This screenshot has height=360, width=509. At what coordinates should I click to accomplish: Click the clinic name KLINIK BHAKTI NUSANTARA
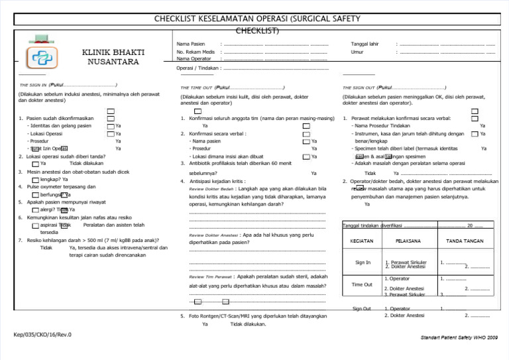click(x=109, y=57)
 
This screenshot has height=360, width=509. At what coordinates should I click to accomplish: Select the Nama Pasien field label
click(x=191, y=44)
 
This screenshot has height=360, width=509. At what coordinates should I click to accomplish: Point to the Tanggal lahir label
click(x=365, y=44)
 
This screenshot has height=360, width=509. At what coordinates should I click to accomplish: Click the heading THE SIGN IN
click(x=33, y=86)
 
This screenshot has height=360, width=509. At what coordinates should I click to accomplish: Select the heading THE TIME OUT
click(x=196, y=87)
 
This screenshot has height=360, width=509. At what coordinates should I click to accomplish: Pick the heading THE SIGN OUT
click(x=359, y=87)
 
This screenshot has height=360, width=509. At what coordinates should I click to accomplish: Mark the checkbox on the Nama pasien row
click(x=306, y=141)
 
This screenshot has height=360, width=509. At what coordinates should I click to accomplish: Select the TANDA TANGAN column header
click(x=464, y=240)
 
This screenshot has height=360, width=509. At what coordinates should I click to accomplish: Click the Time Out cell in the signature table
click(x=362, y=284)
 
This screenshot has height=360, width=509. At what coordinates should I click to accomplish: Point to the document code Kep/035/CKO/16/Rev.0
click(x=42, y=334)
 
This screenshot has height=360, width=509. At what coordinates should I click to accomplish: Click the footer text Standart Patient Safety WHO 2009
click(x=459, y=338)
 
